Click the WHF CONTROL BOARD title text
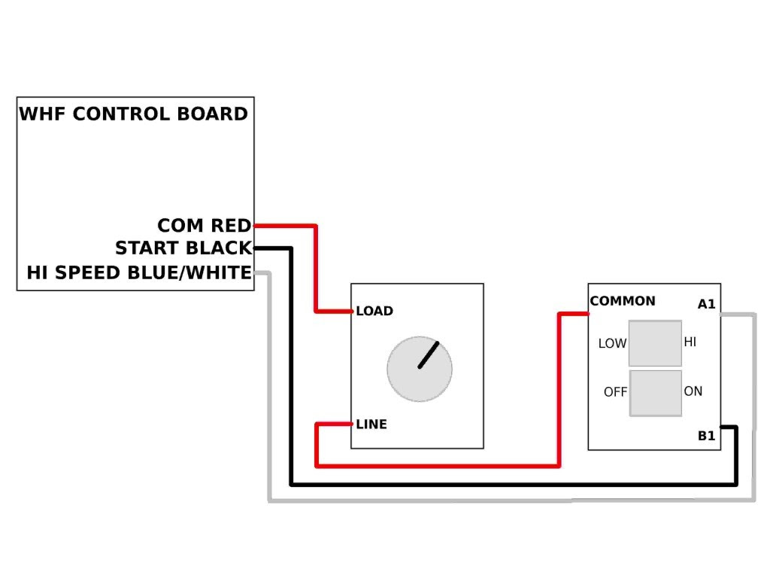tap(134, 114)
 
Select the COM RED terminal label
tap(205, 226)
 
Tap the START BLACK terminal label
tap(183, 248)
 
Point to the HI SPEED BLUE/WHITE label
tap(139, 272)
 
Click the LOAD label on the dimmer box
tap(374, 311)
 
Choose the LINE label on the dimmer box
tap(371, 424)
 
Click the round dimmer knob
tap(420, 369)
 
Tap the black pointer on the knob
tap(428, 355)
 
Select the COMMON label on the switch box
tap(623, 301)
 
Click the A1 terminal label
tap(707, 304)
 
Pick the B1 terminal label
tap(707, 436)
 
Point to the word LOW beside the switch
tap(612, 343)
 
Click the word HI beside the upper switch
tap(690, 342)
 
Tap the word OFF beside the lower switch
tap(616, 392)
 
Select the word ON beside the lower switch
tap(693, 391)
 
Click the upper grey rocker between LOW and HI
tap(655, 343)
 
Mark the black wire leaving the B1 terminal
tap(513, 485)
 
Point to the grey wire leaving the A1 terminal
tap(511, 500)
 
